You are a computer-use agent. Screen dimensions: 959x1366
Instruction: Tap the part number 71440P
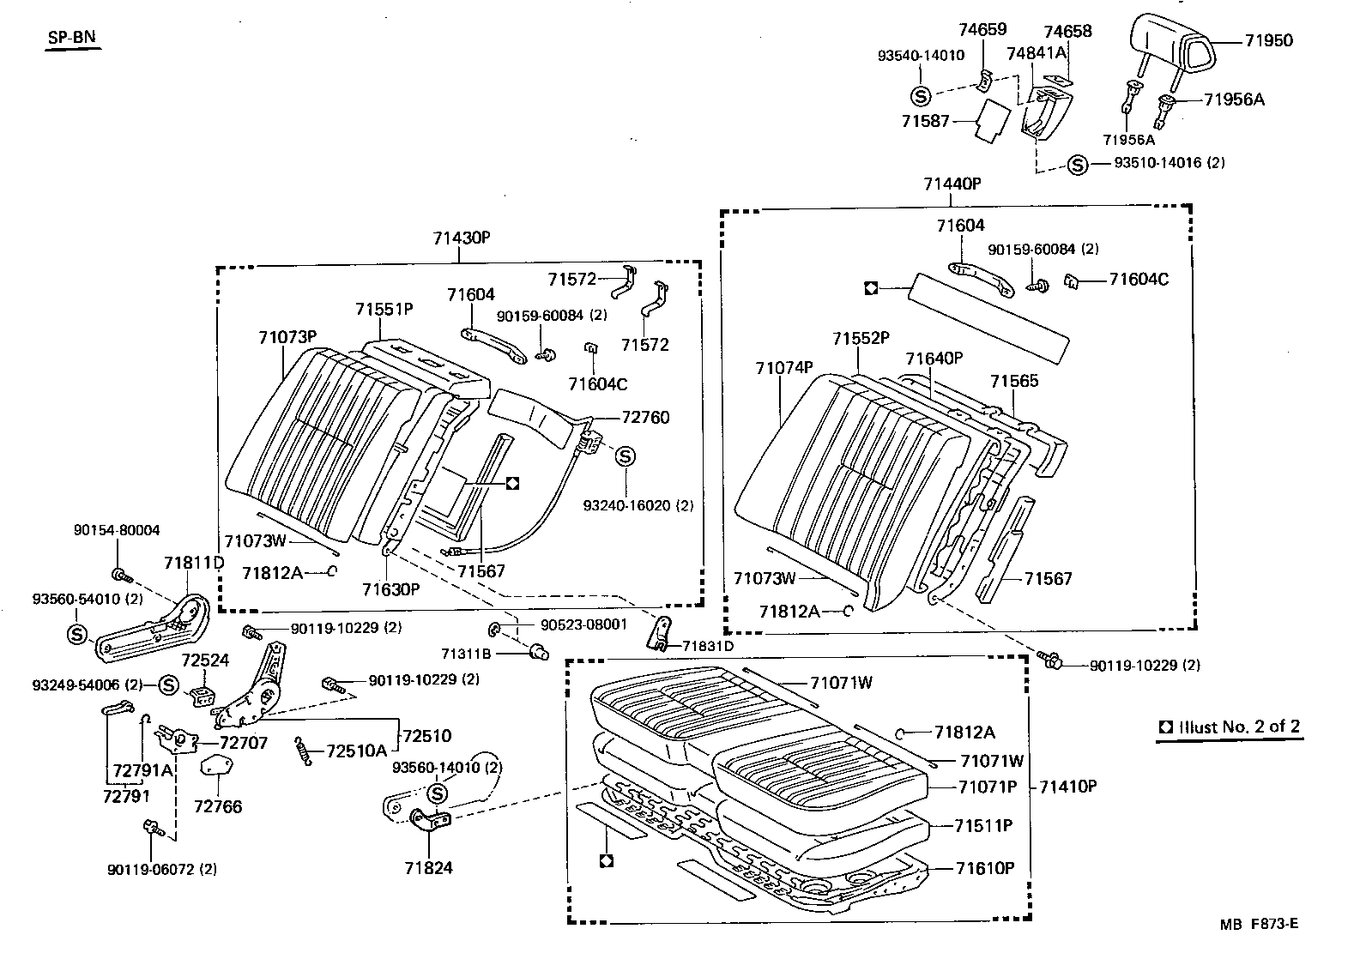[952, 184]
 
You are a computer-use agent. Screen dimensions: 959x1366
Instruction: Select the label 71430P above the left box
[461, 238]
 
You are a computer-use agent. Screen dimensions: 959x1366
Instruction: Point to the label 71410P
[1068, 786]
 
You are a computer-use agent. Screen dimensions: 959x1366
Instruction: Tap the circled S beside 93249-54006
[168, 685]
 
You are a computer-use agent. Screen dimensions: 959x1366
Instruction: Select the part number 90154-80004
[116, 531]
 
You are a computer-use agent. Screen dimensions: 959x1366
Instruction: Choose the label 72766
[218, 806]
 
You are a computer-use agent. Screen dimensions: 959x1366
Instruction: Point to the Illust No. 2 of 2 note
[1230, 727]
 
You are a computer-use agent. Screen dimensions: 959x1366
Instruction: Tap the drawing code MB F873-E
[1260, 925]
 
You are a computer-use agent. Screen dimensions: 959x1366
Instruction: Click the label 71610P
[985, 868]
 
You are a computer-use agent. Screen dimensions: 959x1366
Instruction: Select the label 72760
[645, 418]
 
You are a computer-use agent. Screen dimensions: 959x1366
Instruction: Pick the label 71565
[1014, 381]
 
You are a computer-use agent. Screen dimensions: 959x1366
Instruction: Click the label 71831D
[708, 645]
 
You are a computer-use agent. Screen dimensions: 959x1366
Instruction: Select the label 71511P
[984, 826]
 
